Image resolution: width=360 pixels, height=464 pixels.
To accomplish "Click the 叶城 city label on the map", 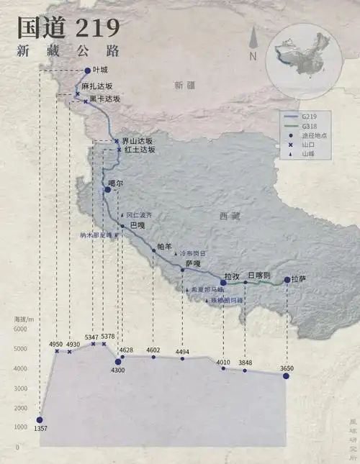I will coord(99,70).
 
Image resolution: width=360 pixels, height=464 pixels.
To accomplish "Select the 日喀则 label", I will coord(258,276).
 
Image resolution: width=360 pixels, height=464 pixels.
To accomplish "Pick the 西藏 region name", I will coord(230,216).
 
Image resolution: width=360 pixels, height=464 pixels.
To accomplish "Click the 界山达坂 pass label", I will coord(138,140).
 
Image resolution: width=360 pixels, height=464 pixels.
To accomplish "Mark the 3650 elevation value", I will coord(287,368).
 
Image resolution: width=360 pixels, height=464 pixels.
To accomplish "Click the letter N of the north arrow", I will coord(253,56).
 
